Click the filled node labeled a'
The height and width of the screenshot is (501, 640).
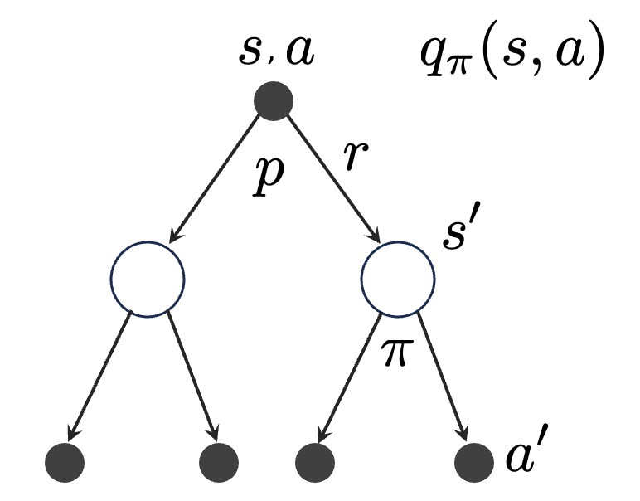(475, 461)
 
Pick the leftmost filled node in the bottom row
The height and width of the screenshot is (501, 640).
(65, 461)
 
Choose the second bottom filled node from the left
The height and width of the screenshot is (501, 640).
(219, 461)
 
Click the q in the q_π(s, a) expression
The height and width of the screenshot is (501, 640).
(432, 60)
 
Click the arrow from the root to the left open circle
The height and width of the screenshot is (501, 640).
(218, 178)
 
